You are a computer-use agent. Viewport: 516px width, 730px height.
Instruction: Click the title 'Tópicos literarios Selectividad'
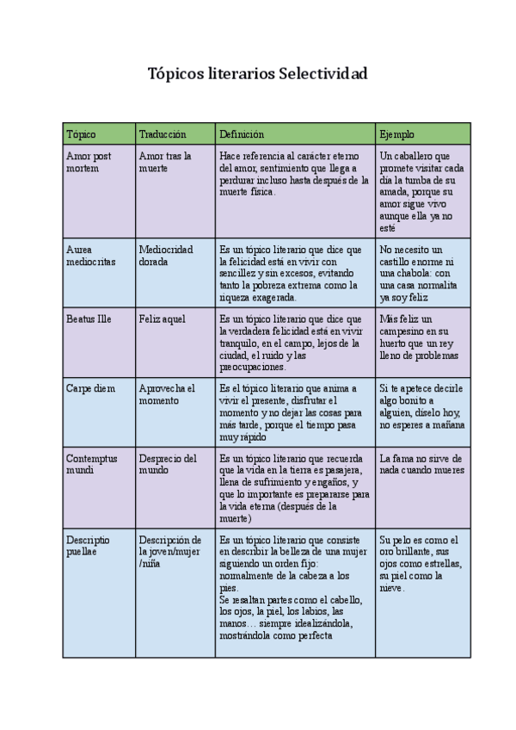click(x=258, y=75)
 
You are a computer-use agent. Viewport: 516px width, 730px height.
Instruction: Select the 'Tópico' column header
click(x=81, y=134)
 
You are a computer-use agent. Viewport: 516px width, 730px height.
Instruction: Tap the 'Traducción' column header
click(x=163, y=134)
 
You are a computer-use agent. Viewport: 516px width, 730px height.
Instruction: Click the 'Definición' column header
click(x=242, y=134)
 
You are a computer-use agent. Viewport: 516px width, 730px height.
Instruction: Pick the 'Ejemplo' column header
click(x=396, y=134)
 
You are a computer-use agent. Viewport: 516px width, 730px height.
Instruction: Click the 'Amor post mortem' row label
click(x=89, y=163)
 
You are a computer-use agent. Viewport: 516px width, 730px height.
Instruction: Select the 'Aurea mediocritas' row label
click(x=90, y=256)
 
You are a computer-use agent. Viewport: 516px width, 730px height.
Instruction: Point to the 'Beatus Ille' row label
click(x=89, y=319)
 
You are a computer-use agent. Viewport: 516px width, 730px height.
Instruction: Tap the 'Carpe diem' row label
click(x=90, y=388)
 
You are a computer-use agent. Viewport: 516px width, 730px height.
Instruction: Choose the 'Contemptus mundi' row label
click(x=91, y=465)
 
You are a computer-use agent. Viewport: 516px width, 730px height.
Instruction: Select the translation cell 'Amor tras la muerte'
click(x=165, y=163)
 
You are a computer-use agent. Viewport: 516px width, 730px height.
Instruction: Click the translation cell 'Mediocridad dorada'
click(x=166, y=256)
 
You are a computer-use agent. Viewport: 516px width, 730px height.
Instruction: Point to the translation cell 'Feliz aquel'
click(x=162, y=319)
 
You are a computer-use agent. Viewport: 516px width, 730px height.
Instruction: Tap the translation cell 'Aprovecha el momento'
click(x=167, y=394)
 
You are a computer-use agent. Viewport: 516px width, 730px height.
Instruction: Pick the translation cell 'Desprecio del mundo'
click(x=168, y=465)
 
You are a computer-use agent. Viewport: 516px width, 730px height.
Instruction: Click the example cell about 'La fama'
click(x=421, y=465)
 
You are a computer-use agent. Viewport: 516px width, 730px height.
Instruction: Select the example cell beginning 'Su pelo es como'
click(x=420, y=564)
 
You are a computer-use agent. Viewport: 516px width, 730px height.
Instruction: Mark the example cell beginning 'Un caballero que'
click(x=421, y=192)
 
